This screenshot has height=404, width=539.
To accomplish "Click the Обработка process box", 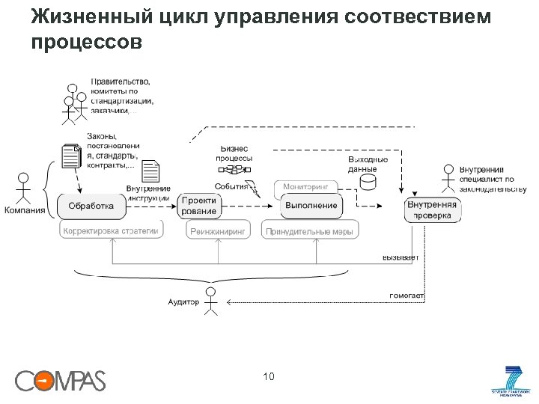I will click(x=91, y=206).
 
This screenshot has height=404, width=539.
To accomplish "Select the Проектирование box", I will click(x=198, y=206).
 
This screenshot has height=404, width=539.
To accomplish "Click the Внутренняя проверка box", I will click(x=432, y=210).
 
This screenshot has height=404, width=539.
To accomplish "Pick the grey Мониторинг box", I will click(x=306, y=186).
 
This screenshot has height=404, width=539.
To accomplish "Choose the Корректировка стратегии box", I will click(x=112, y=231).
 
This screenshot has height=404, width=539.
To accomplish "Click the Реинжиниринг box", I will click(x=218, y=232).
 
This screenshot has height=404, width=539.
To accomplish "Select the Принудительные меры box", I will click(x=309, y=232).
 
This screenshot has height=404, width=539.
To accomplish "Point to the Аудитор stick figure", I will click(x=212, y=301).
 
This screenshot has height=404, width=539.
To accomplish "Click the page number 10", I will click(x=269, y=376).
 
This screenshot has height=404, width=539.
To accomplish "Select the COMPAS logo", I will click(x=61, y=381).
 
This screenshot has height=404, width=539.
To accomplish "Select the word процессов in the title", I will click(x=85, y=43).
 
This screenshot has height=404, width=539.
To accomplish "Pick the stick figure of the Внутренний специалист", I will click(x=448, y=178).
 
